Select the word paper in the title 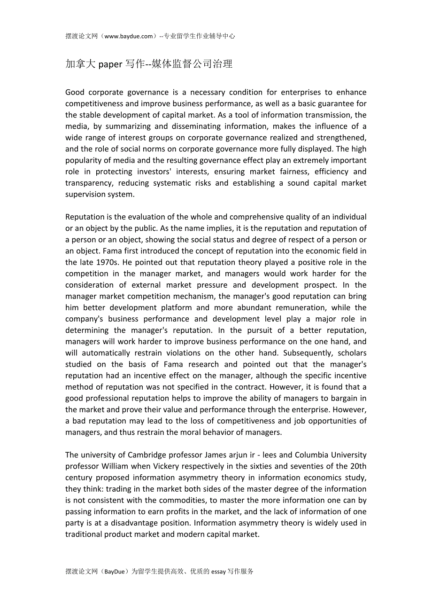[110, 64]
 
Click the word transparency [89, 183]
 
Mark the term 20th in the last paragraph [358, 466]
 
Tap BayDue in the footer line [115, 572]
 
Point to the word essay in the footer [219, 572]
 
